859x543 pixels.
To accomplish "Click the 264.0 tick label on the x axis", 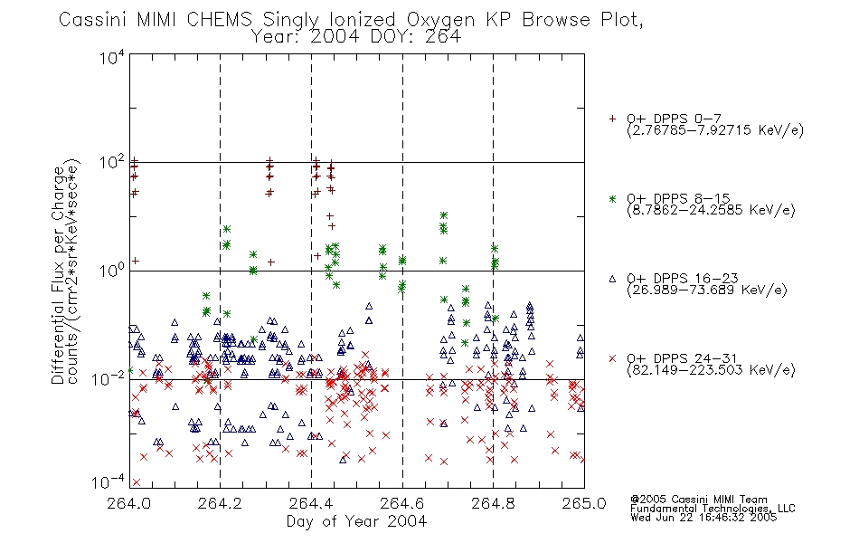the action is (x=129, y=503).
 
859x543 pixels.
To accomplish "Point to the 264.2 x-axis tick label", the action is (x=220, y=503).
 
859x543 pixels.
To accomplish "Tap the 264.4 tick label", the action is (x=311, y=503).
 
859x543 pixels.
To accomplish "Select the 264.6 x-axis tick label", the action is (x=401, y=503).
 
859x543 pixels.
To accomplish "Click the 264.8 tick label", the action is (x=493, y=503).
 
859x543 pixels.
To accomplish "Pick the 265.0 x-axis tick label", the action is (x=583, y=503).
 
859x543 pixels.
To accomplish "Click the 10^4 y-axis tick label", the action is (x=112, y=58).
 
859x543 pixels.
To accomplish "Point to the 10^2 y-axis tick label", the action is (x=112, y=163).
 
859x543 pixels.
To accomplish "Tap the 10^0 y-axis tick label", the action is (x=112, y=271).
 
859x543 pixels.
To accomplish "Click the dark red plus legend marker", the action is (x=612, y=119).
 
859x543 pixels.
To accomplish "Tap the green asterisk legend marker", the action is (x=612, y=198).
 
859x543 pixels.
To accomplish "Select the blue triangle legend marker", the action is (x=612, y=279).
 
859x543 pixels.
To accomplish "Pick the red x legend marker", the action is (x=612, y=358).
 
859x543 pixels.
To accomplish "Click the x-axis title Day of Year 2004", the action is (x=356, y=521).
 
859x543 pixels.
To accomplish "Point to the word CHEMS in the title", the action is (x=219, y=20).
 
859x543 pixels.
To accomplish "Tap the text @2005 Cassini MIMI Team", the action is (x=698, y=500).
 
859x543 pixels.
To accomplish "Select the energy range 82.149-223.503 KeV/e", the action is (x=711, y=370).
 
